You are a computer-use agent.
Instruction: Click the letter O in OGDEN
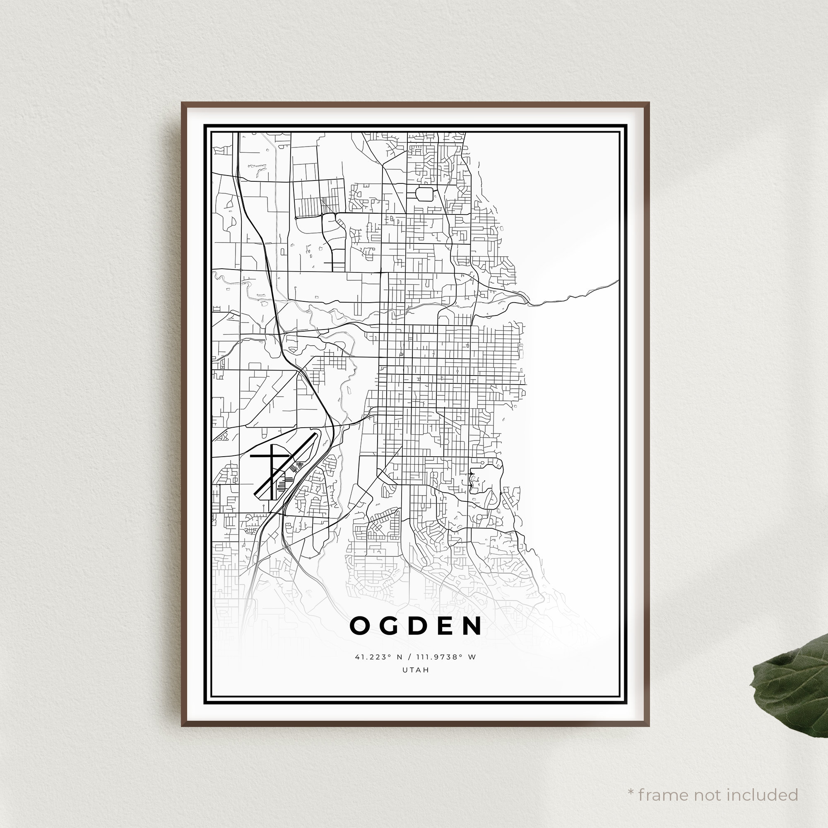pyautogui.click(x=360, y=626)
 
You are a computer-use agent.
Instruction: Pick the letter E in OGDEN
pyautogui.click(x=443, y=626)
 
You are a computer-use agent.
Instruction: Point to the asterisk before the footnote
pyautogui.click(x=631, y=781)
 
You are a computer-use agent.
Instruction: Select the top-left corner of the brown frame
pyautogui.click(x=182, y=103)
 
